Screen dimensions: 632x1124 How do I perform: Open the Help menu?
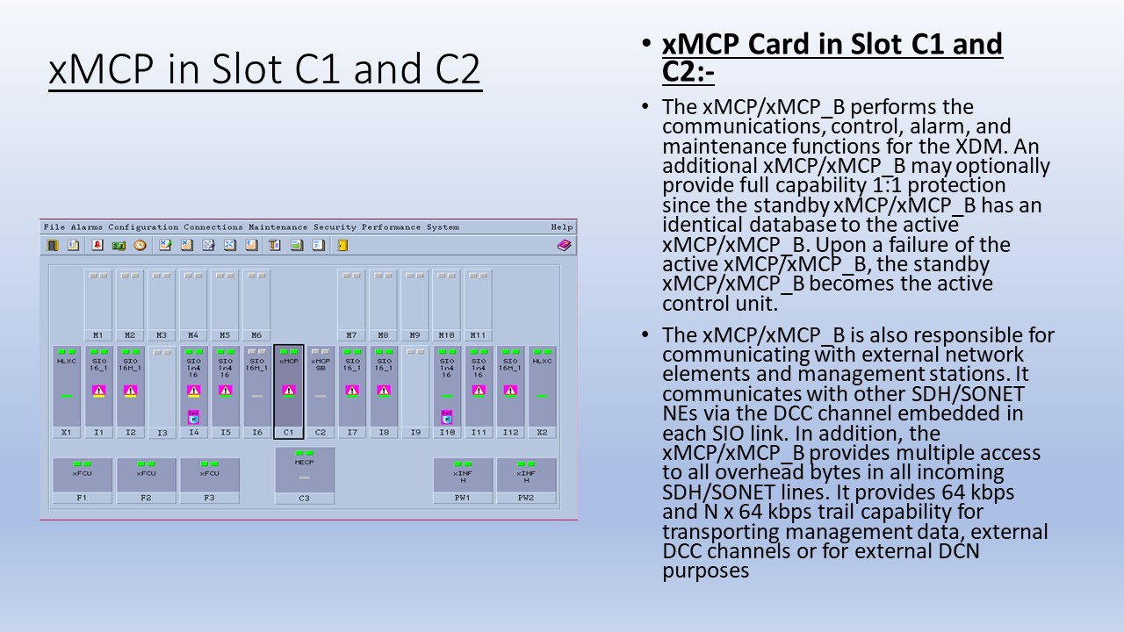click(x=561, y=227)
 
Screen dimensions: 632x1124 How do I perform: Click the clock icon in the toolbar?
click(x=140, y=246)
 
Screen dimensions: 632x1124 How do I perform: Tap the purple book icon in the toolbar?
click(x=564, y=246)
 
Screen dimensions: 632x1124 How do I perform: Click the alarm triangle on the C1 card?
click(x=289, y=391)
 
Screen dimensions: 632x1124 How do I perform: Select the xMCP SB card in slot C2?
click(x=321, y=386)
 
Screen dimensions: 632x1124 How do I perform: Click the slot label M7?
click(x=352, y=335)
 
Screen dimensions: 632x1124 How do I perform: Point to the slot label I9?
click(x=415, y=433)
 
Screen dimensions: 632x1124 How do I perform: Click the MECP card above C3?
click(x=304, y=470)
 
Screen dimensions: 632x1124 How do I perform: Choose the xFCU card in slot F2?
click(x=146, y=474)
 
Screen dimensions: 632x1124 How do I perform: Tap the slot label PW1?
click(x=463, y=498)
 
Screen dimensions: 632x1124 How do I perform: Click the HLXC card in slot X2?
click(x=542, y=386)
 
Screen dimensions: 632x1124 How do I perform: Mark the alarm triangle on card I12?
click(x=510, y=391)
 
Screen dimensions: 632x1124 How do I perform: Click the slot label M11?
click(x=479, y=335)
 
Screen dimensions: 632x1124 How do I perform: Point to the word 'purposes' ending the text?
click(x=706, y=571)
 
